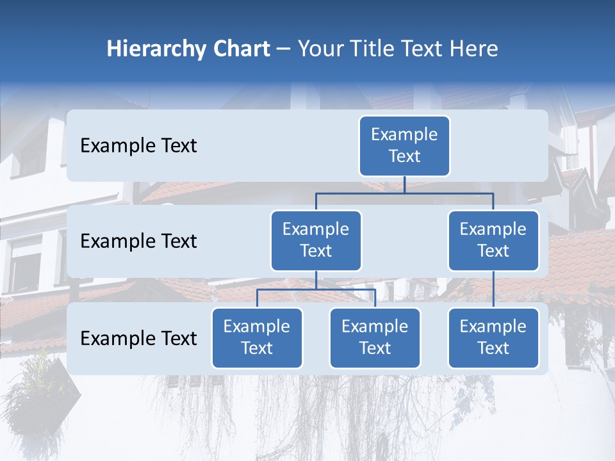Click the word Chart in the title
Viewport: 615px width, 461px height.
[241, 49]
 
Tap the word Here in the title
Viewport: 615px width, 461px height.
[474, 49]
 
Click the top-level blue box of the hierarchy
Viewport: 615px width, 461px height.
[404, 146]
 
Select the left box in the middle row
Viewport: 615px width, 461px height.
[316, 241]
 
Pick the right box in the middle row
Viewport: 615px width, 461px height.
[493, 241]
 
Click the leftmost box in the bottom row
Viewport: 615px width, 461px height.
[257, 338]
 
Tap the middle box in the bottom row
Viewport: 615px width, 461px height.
[375, 338]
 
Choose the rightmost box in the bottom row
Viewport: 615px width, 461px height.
[493, 338]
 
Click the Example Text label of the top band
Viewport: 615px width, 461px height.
[138, 146]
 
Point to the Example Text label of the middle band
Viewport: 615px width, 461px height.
[138, 241]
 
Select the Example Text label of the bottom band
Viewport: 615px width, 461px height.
[138, 338]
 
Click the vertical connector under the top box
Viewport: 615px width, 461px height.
[404, 184]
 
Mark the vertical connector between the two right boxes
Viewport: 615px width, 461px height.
[493, 289]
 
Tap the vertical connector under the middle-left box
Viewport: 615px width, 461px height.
[316, 280]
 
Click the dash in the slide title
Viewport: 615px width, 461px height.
[284, 50]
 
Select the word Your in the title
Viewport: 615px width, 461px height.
[317, 49]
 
